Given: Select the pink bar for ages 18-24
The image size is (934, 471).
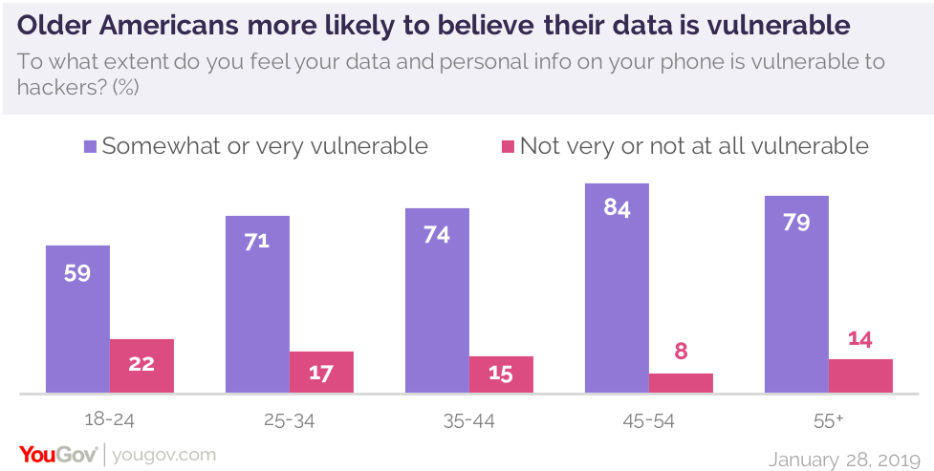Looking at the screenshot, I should (x=141, y=366).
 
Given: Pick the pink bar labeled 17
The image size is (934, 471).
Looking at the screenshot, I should (x=321, y=372).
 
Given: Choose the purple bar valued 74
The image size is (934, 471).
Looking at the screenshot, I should (x=437, y=300).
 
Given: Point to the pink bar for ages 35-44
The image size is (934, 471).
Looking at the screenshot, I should (x=501, y=375).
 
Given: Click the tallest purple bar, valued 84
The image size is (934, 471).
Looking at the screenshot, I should (x=617, y=288).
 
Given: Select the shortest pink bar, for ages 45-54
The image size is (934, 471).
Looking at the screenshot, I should (x=681, y=382).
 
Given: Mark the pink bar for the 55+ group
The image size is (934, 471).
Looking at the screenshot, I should (x=860, y=375).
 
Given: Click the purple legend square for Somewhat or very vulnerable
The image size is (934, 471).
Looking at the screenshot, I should (x=91, y=147).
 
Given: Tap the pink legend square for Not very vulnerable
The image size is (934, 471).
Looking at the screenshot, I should (x=508, y=147).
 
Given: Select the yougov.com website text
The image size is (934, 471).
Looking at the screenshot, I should (x=164, y=455).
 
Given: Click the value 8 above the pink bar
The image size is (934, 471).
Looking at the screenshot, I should (x=681, y=351).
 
